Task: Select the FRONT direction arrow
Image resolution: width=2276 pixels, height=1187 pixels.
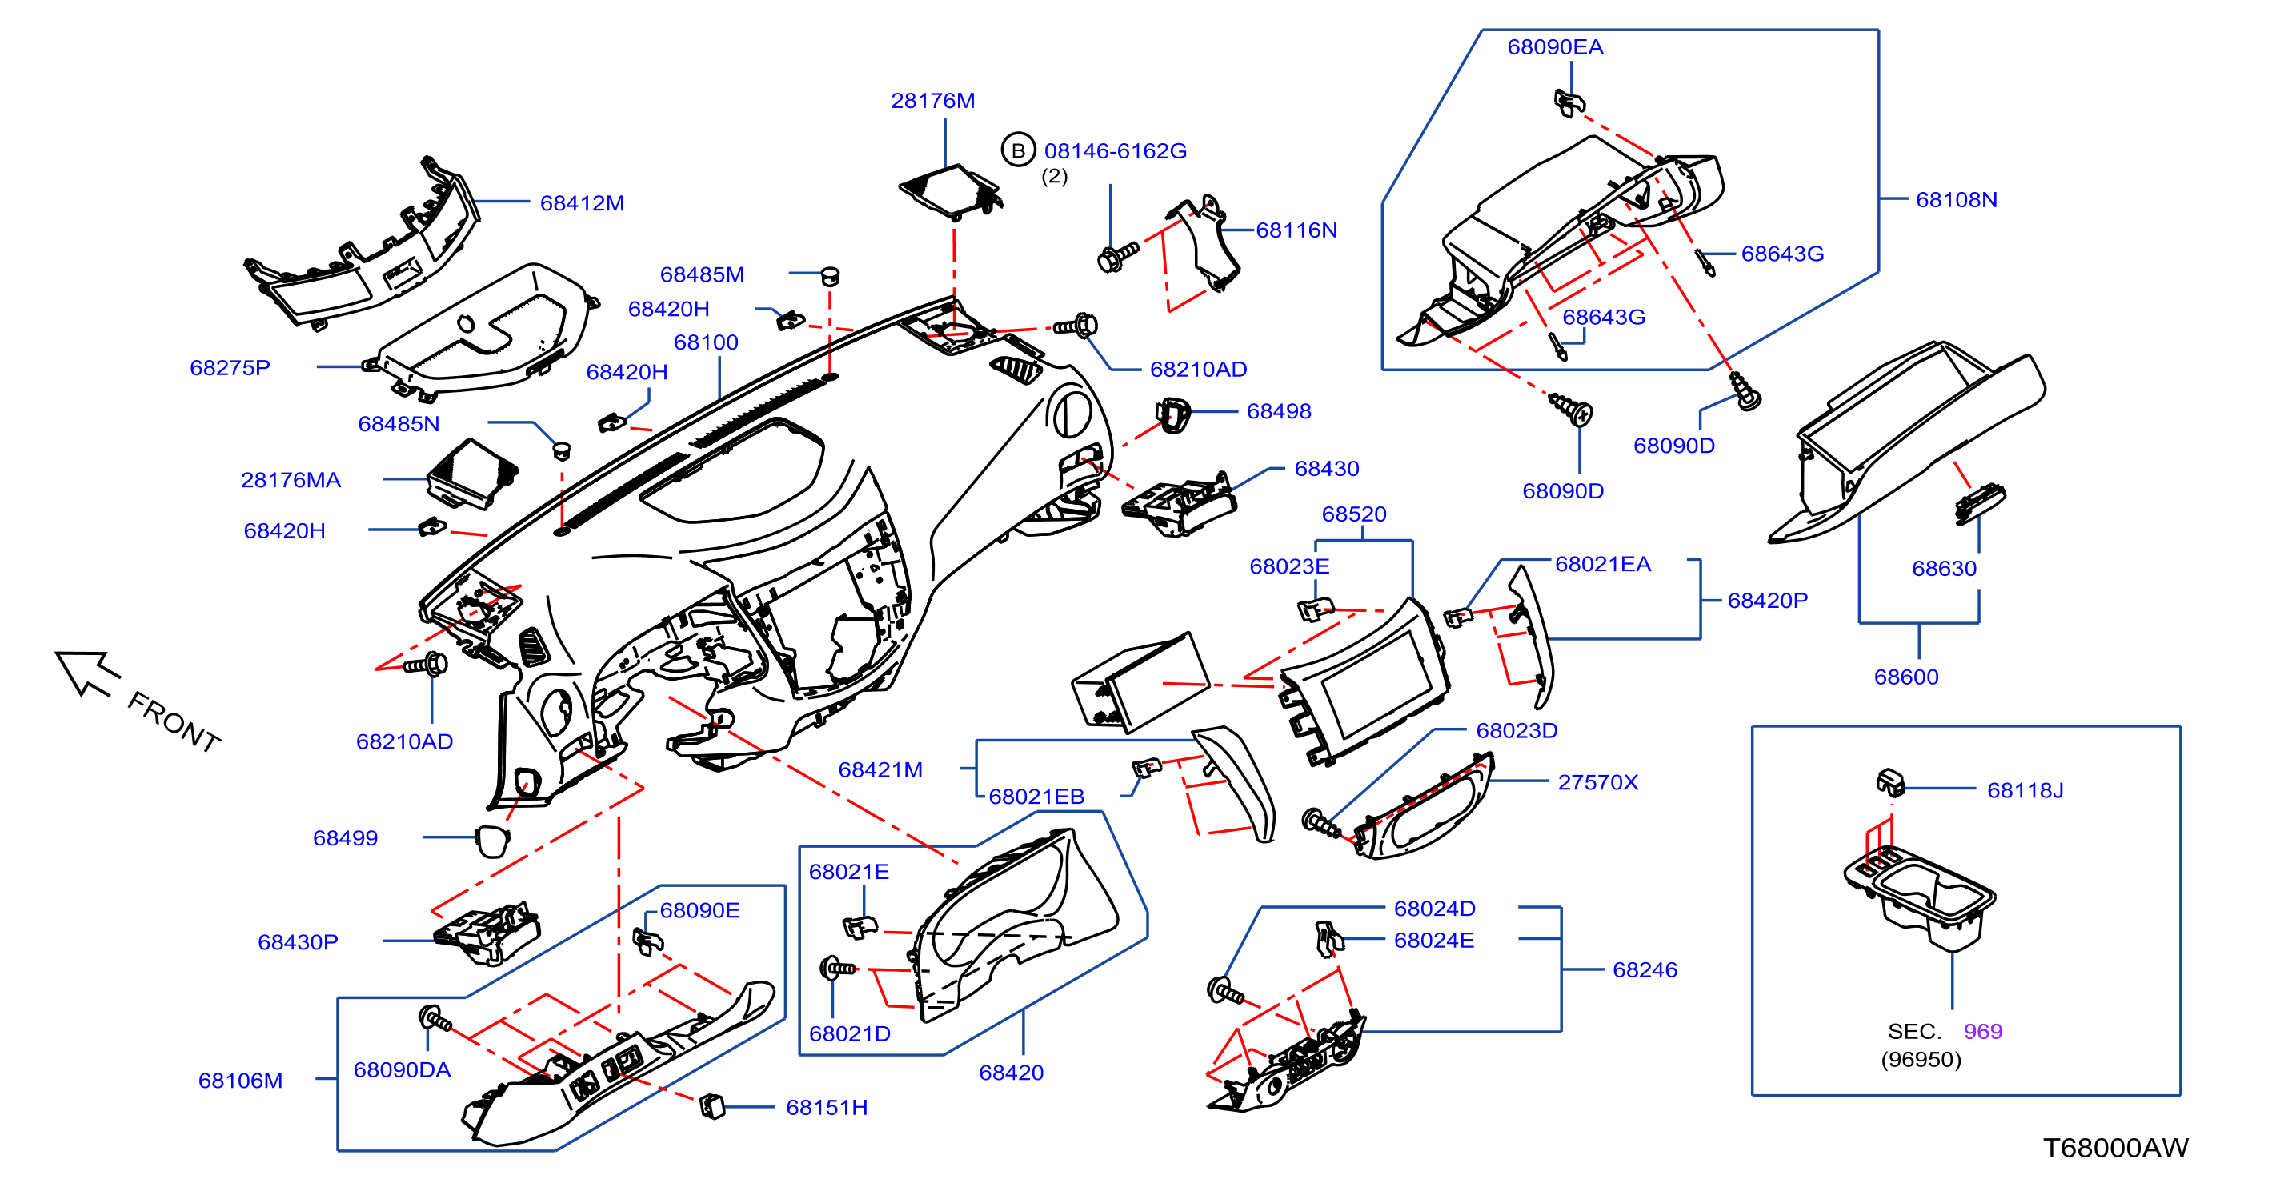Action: (x=87, y=673)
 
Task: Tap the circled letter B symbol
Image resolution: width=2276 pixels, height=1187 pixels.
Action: (x=1018, y=150)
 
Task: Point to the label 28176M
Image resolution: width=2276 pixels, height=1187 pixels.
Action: (x=932, y=101)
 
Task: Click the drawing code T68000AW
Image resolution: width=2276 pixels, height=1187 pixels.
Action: (x=2115, y=1147)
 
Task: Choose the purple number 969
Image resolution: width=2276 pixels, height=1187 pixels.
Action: (x=1982, y=1031)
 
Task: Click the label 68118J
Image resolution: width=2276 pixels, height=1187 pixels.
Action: (x=2025, y=789)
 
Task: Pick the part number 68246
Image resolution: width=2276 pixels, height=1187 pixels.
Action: (x=1645, y=969)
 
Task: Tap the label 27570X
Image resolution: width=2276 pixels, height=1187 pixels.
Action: (x=1597, y=781)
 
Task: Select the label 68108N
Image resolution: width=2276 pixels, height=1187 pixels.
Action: (x=1956, y=200)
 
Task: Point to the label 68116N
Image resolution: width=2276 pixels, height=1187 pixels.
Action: (x=1296, y=230)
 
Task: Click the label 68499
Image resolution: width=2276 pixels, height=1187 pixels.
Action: (x=345, y=837)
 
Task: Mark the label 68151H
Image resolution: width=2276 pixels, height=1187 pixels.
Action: (x=826, y=1107)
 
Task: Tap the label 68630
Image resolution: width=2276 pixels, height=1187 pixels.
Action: (x=1944, y=568)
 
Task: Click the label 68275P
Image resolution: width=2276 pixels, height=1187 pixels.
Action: (x=230, y=367)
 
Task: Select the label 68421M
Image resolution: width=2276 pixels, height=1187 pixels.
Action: (x=880, y=769)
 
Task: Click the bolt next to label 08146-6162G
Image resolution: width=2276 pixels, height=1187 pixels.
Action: (x=1117, y=257)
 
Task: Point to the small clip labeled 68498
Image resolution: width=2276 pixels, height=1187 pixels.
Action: (x=1172, y=414)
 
